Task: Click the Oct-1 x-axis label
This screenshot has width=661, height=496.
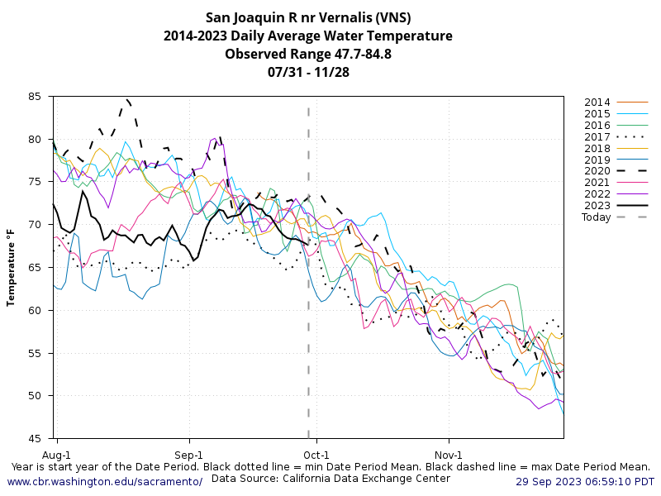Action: tap(316, 455)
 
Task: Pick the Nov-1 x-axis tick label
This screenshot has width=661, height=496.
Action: tap(449, 455)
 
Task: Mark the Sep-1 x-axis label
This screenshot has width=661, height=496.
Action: tap(189, 455)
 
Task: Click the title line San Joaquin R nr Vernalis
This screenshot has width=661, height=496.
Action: tap(307, 17)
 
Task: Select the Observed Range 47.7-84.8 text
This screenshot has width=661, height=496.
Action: tap(307, 54)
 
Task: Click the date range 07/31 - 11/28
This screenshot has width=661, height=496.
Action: tap(307, 72)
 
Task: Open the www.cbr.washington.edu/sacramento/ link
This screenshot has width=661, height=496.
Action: tap(104, 481)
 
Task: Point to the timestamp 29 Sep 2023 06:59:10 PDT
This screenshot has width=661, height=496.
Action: tap(585, 481)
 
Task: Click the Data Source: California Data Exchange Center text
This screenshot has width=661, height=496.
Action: tap(330, 478)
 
